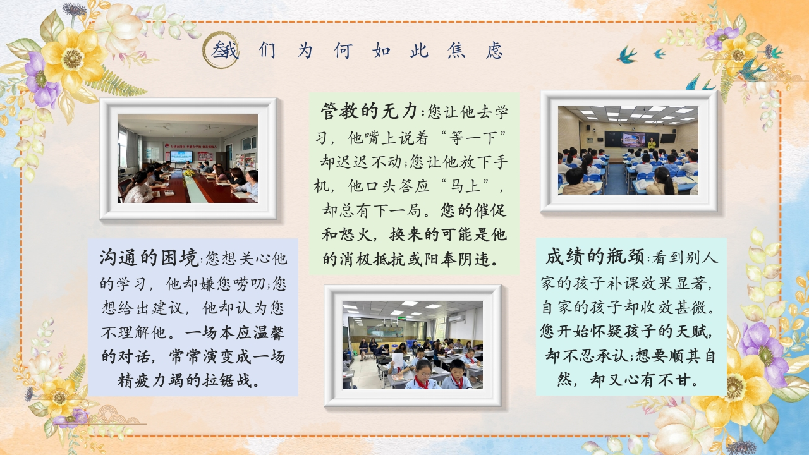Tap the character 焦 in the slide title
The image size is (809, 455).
[456, 50]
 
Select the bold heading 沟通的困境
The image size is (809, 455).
[149, 257]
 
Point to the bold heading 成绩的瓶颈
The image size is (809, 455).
[595, 257]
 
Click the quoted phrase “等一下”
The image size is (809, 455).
[473, 138]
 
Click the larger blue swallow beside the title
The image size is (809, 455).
[627, 55]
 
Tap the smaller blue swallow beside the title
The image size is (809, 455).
[659, 54]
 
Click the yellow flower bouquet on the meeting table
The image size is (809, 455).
[188, 173]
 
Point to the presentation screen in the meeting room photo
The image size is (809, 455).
[181, 157]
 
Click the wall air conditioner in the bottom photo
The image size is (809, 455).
[455, 318]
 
